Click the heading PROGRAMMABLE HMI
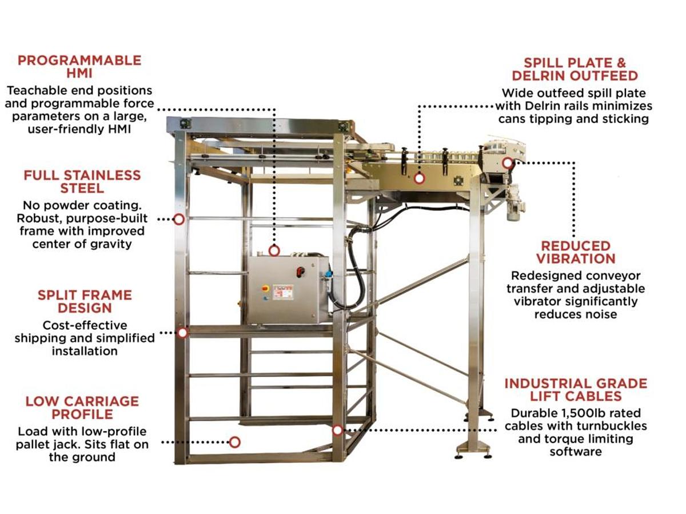click(79, 67)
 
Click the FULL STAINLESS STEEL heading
click(82, 182)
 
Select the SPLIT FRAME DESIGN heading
click(85, 301)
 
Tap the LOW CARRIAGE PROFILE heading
click(82, 408)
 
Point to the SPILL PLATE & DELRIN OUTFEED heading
click(575, 69)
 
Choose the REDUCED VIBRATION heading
click(576, 252)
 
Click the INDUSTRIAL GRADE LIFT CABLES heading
click(576, 389)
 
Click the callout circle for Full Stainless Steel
click(179, 219)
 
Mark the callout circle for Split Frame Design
click(182, 332)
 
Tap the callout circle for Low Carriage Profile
click(234, 442)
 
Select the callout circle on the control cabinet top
click(274, 250)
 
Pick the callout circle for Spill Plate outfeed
click(419, 178)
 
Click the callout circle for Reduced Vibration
click(508, 163)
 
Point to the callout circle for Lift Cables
click(338, 430)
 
